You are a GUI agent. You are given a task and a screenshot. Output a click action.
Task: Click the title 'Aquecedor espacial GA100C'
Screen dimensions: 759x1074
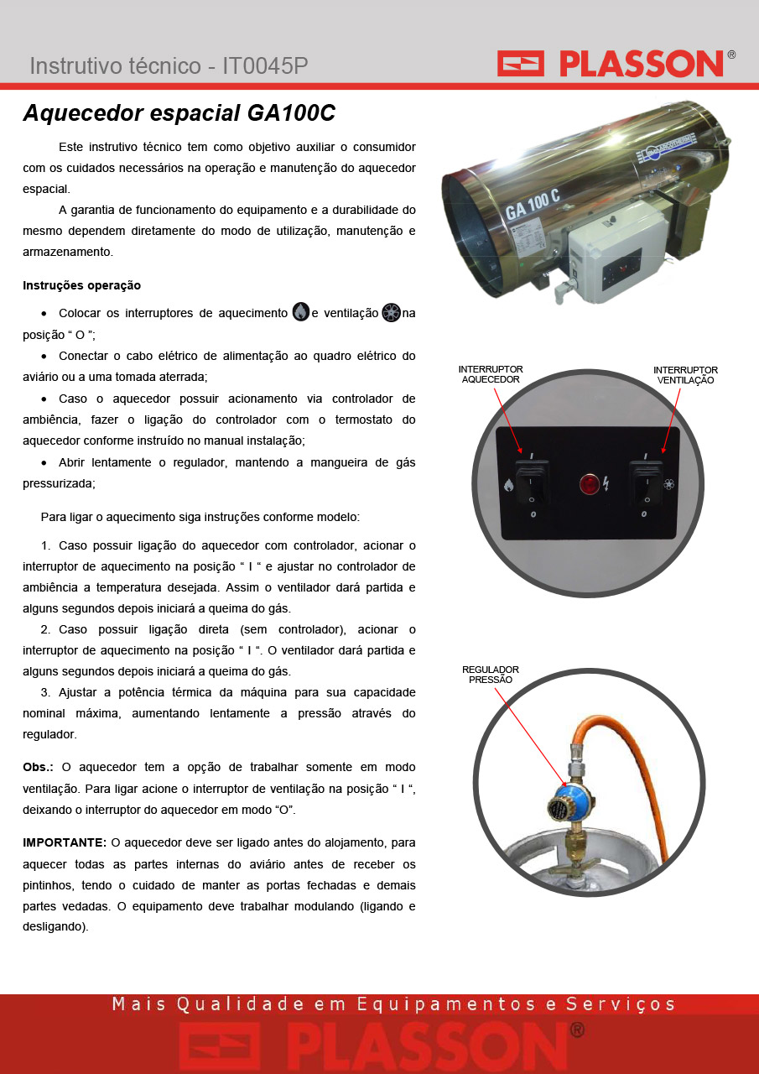point(179,113)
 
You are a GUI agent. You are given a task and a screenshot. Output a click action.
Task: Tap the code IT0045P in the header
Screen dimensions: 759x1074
point(265,65)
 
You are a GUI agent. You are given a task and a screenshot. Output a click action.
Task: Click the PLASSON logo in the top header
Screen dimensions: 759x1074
point(616,63)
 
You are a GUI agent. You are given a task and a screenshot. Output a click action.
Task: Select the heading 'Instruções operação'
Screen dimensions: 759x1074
point(81,285)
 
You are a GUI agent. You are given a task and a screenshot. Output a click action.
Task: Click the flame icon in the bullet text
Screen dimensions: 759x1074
point(300,312)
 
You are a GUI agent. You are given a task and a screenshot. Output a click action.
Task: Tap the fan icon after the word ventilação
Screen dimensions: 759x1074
point(391,313)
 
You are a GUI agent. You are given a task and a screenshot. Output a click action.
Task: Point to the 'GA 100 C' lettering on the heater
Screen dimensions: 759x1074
point(533,204)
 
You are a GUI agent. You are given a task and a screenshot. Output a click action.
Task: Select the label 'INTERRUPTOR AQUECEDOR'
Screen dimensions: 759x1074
point(490,374)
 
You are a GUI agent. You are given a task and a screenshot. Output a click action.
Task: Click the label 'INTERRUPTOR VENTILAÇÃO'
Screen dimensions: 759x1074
point(685,375)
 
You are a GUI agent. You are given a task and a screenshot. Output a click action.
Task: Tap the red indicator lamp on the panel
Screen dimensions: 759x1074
point(590,484)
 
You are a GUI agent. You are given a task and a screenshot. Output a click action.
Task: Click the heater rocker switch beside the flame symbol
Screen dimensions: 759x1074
point(532,482)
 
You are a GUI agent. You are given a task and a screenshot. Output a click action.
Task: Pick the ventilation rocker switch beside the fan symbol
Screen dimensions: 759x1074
point(646,482)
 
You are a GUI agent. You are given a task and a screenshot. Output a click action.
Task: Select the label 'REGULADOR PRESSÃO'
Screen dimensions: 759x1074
point(490,674)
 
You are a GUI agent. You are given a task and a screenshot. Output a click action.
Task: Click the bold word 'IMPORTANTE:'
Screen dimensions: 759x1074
point(65,842)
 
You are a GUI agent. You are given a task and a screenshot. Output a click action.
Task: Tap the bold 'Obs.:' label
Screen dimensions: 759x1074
point(38,767)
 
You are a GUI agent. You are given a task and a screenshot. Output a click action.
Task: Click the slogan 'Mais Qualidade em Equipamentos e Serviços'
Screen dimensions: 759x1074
point(393,1004)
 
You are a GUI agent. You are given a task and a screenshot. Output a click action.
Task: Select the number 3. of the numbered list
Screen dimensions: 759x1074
point(45,692)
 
